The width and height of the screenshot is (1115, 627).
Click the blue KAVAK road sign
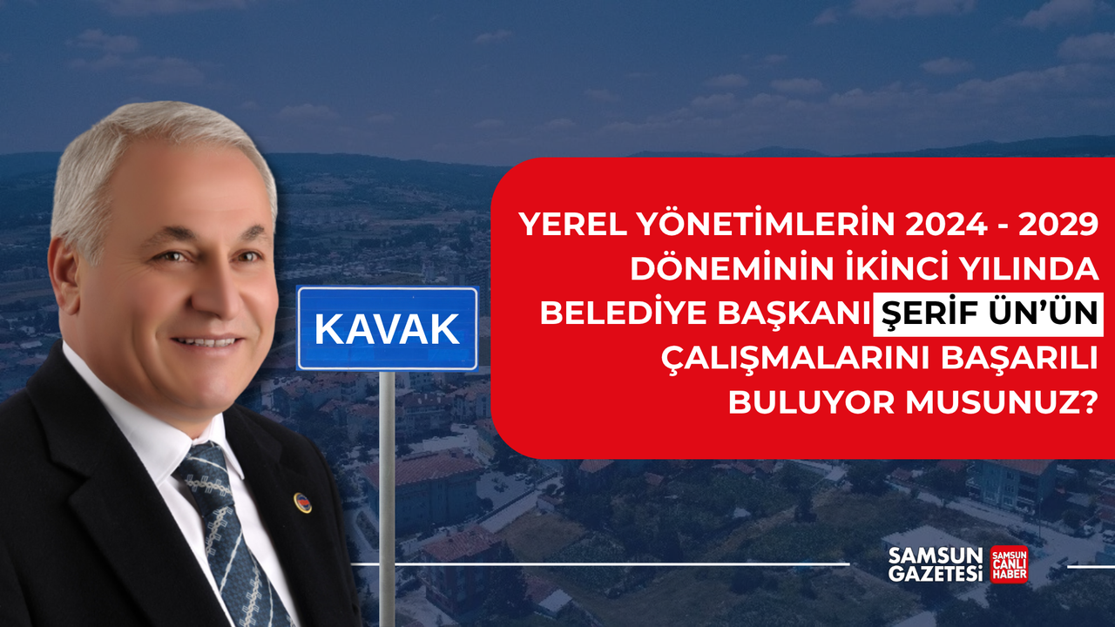pos(387,328)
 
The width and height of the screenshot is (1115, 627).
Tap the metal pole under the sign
pos(387,496)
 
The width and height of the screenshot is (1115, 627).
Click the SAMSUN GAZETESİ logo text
pos(935,564)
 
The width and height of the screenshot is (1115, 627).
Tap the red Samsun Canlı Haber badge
pos(1009,564)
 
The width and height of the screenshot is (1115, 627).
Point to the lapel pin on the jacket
pos(302,502)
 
